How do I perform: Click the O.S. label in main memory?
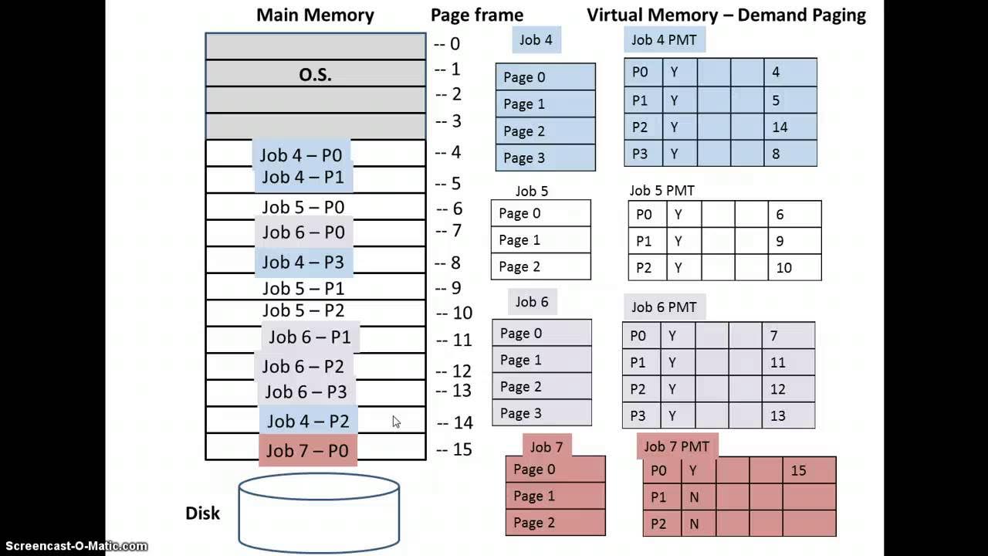315,75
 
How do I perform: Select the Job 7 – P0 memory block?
307,450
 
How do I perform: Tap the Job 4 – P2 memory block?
308,421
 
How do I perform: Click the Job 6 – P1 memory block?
310,337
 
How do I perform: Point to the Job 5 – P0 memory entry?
303,207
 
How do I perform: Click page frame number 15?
462,449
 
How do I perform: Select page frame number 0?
454,44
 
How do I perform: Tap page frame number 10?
462,313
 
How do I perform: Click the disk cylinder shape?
319,513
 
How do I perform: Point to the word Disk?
202,513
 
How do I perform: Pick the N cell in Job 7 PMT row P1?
694,497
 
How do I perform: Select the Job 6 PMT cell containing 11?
787,362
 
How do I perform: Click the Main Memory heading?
315,15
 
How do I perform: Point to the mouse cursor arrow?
396,422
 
